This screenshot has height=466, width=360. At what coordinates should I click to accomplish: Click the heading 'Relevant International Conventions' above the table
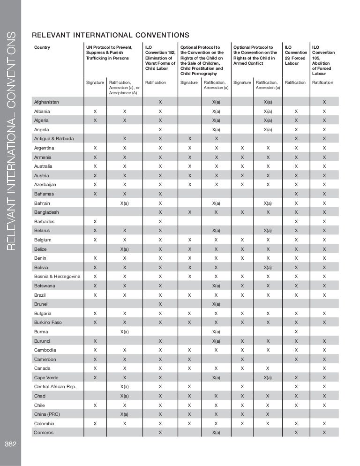[x=110, y=35]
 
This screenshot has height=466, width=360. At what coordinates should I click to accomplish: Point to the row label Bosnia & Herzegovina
[x=57, y=276]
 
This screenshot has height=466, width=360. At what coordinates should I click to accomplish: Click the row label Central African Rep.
[x=55, y=387]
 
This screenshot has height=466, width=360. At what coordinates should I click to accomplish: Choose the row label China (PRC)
[x=47, y=414]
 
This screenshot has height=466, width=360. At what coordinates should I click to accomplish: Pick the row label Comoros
[x=44, y=432]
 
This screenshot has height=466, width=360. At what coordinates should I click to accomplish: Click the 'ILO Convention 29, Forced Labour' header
[x=296, y=55]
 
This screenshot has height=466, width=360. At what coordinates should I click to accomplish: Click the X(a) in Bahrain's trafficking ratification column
[x=124, y=203]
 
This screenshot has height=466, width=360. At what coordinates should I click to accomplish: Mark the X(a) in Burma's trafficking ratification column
[x=124, y=331]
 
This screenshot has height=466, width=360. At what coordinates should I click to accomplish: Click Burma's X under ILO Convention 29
[x=296, y=331]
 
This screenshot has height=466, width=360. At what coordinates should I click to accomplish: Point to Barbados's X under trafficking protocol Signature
[x=95, y=221]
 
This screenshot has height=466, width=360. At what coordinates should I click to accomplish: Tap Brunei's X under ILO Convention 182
[x=160, y=304]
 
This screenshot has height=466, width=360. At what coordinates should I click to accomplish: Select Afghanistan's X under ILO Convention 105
[x=324, y=102]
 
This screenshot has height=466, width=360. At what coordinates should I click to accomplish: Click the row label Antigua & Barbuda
[x=51, y=139]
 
